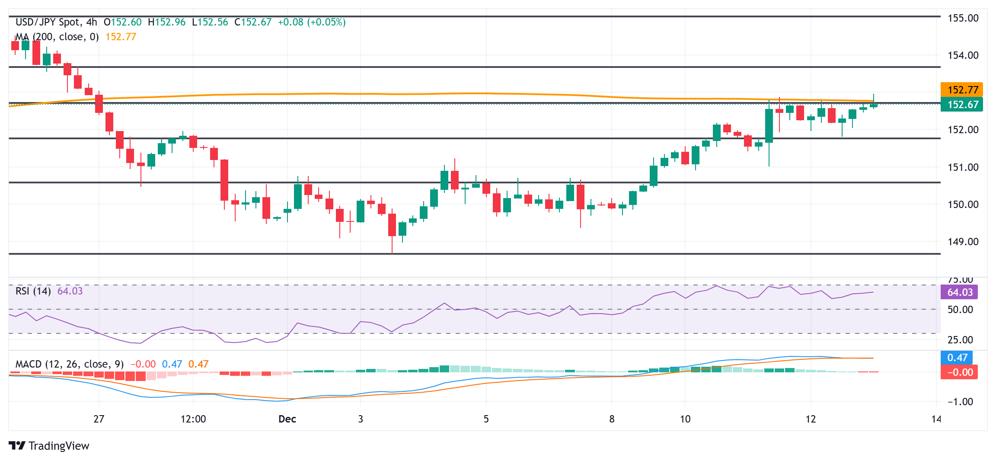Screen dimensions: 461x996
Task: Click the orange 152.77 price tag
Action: (x=962, y=90)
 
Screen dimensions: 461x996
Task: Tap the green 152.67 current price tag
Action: (x=962, y=105)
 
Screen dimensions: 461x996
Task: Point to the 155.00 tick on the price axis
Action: (x=963, y=18)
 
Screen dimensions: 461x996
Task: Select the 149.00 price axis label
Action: (x=963, y=242)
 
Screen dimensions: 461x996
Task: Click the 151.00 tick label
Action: (x=963, y=167)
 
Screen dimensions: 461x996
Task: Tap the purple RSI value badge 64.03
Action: (x=959, y=292)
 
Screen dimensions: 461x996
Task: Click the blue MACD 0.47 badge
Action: (x=957, y=358)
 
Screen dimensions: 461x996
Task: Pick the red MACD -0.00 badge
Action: (x=959, y=372)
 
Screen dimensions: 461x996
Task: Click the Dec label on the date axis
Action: (x=287, y=419)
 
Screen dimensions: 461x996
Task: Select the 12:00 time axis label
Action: (x=193, y=419)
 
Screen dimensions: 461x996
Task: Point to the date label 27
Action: (x=99, y=419)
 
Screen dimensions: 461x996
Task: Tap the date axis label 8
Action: (x=612, y=419)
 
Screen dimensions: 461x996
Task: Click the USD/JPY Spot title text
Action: (x=48, y=22)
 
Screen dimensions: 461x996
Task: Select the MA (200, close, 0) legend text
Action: (x=57, y=37)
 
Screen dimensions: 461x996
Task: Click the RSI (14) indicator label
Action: (x=33, y=291)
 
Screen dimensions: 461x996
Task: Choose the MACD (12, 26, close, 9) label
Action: (x=70, y=364)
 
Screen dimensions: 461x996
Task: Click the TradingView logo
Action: (x=49, y=446)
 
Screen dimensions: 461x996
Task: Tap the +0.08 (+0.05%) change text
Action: (x=311, y=22)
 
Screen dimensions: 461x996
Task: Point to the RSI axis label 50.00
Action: (x=960, y=310)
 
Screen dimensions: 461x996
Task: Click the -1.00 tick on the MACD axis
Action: (x=960, y=402)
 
